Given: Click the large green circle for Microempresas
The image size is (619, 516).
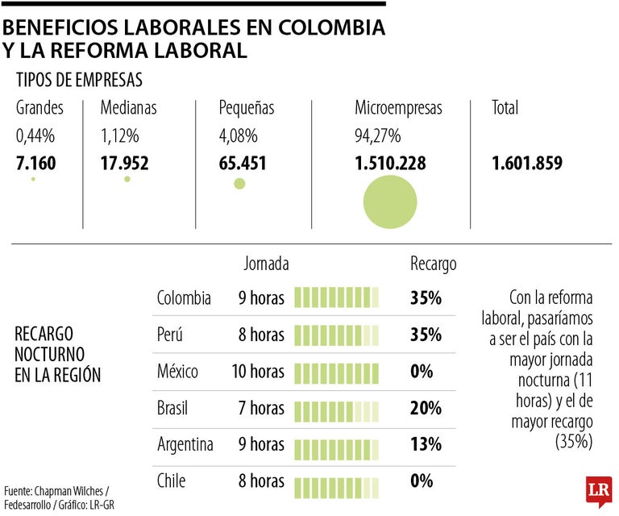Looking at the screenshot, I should (x=390, y=202).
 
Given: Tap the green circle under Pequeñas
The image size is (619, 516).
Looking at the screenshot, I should (x=239, y=184).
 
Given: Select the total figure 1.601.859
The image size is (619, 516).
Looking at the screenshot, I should (x=527, y=164).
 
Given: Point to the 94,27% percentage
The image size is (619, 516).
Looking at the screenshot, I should (x=378, y=136).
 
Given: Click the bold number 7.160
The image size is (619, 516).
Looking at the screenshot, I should (x=35, y=164).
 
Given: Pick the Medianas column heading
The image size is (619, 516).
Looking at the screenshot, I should (x=129, y=107).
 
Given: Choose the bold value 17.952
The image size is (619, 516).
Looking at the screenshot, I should (x=125, y=164).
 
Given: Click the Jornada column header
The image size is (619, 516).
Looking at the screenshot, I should (x=266, y=263).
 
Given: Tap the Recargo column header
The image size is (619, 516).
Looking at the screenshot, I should (x=433, y=263).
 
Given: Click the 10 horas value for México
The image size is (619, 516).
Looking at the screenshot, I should (x=257, y=372).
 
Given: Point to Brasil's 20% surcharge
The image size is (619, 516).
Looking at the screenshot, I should (x=426, y=408).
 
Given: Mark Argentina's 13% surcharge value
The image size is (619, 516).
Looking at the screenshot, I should (x=426, y=444).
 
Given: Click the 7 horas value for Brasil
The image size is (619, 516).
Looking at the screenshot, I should (x=261, y=408).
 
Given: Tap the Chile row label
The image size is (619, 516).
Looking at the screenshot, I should (x=171, y=481).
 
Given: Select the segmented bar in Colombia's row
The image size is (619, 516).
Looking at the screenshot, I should (x=336, y=298).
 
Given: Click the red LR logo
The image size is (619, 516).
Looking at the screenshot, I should (x=599, y=491).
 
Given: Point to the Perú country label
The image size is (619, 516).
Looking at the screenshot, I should (x=172, y=335).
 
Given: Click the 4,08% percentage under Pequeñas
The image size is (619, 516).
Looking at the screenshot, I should (x=239, y=136).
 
